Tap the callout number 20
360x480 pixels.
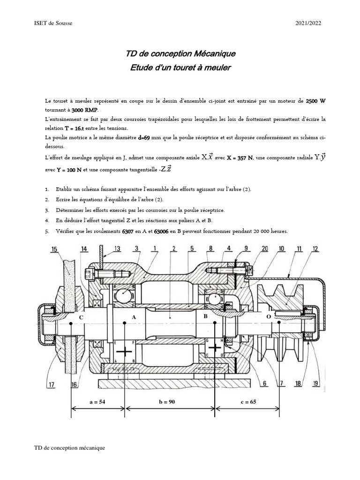click(x=266, y=249)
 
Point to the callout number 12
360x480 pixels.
click(x=315, y=249)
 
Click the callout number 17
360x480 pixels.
click(x=51, y=385)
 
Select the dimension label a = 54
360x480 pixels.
click(x=98, y=403)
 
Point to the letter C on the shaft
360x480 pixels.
click(x=81, y=317)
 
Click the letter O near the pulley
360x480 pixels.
click(x=268, y=317)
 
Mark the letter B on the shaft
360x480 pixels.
click(x=205, y=317)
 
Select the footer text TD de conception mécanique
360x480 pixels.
click(x=70, y=448)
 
